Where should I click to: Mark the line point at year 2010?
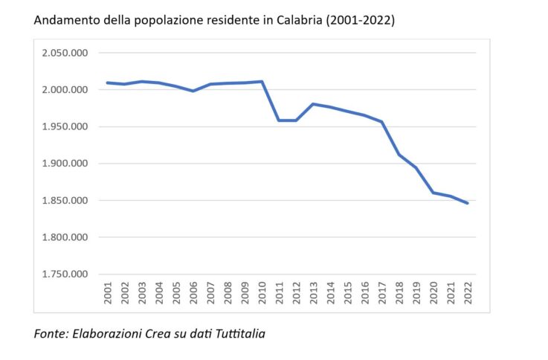[x=262, y=81]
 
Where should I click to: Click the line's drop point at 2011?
[x=279, y=120]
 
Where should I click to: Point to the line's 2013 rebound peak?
[x=314, y=104]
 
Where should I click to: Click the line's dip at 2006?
[x=193, y=91]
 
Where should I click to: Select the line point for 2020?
[x=433, y=193]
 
